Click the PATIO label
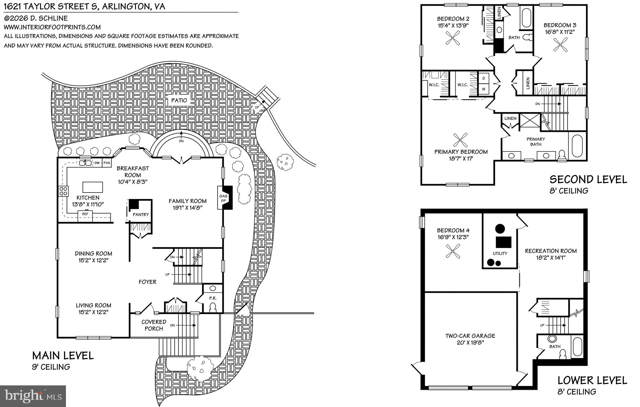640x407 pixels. pyautogui.click(x=179, y=100)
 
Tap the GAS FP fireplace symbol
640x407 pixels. pyautogui.click(x=225, y=198)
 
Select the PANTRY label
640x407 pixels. pyautogui.click(x=141, y=214)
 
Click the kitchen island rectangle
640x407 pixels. pyautogui.click(x=92, y=187)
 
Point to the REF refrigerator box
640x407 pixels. pyautogui.click(x=85, y=214)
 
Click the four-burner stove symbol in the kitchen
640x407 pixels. pyautogui.click(x=63, y=191)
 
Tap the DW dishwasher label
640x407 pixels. pyautogui.click(x=97, y=163)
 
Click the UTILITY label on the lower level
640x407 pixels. pyautogui.click(x=500, y=254)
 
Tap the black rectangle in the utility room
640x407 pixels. pyautogui.click(x=503, y=242)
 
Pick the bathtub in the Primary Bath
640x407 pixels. pyautogui.click(x=577, y=146)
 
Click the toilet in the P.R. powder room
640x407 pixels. pyautogui.click(x=213, y=307)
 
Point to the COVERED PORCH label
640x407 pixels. pyautogui.click(x=153, y=325)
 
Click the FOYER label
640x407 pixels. pyautogui.click(x=147, y=282)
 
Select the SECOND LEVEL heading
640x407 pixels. pyautogui.click(x=588, y=180)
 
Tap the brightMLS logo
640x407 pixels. pyautogui.click(x=33, y=396)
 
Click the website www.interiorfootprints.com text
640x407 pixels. pyautogui.click(x=52, y=27)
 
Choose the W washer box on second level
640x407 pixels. pyautogui.click(x=484, y=89)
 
